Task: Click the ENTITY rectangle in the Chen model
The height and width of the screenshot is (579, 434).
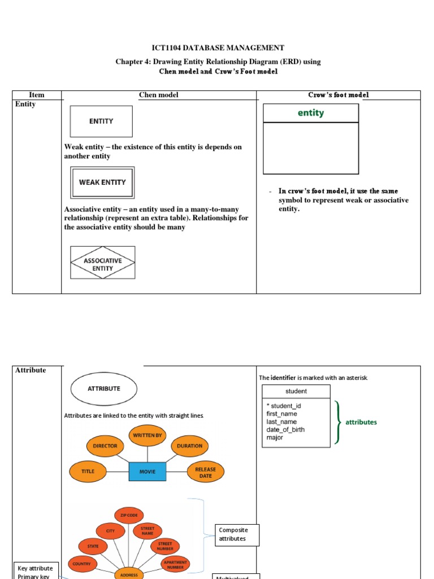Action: point(101,121)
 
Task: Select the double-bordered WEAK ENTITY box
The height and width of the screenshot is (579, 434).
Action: point(102,182)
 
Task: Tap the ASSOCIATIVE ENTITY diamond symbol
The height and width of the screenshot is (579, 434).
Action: point(102,262)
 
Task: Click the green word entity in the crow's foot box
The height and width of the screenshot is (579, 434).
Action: point(311,113)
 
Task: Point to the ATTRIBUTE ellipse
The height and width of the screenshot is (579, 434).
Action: point(103,389)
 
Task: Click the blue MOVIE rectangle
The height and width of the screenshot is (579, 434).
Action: point(147,472)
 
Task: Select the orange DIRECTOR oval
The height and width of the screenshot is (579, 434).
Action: point(105,446)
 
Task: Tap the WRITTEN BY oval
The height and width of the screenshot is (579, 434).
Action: point(147,435)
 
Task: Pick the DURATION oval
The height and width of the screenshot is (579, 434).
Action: point(189,446)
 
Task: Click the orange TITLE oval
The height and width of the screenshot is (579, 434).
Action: point(88,471)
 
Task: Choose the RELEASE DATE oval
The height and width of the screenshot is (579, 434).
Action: point(206,472)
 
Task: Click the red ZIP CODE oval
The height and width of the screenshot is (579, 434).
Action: point(129,515)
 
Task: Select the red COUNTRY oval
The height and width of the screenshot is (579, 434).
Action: point(82,564)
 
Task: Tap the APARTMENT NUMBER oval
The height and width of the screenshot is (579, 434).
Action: point(175,564)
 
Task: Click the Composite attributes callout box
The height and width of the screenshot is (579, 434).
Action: point(237,535)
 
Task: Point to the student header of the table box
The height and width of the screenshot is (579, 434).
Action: point(296,391)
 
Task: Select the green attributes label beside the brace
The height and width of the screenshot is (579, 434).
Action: point(361,422)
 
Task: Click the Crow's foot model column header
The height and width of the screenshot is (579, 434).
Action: point(338,95)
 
